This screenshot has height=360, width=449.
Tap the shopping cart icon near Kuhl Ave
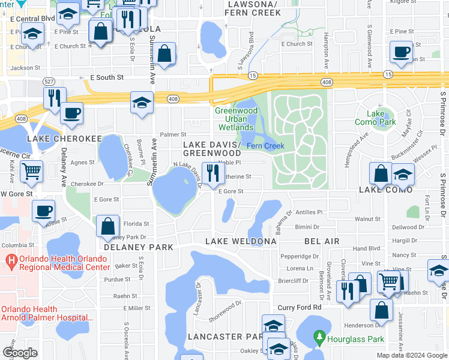tap(31, 171)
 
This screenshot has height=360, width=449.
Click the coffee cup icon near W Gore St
tap(44, 212)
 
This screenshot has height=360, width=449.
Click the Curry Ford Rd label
tap(300, 307)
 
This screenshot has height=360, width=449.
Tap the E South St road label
tap(106, 77)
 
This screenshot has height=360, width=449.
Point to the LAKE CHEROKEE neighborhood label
tap(64, 138)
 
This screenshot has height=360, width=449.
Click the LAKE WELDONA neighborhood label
tap(241, 241)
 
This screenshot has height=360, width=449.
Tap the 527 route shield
tap(50, 81)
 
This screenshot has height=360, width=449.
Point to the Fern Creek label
tap(265, 146)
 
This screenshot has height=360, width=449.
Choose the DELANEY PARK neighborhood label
tap(138, 247)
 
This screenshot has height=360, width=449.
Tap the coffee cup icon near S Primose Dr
tap(400, 52)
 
